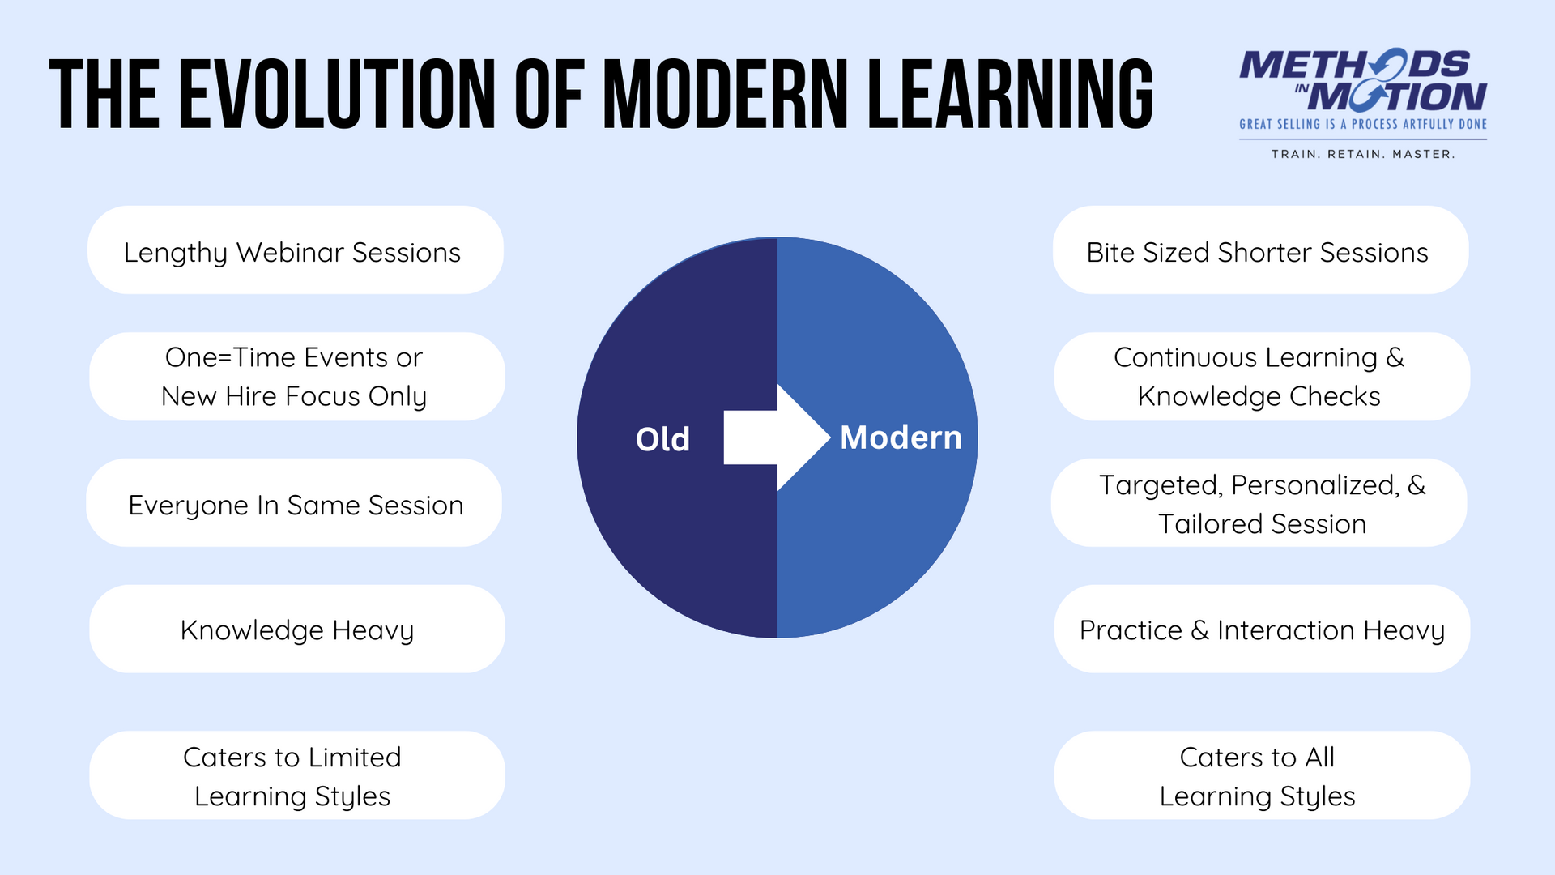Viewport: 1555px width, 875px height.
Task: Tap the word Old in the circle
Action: [662, 440]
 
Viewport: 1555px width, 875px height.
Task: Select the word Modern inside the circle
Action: [901, 437]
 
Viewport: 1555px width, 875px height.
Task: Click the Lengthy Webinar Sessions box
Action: [295, 250]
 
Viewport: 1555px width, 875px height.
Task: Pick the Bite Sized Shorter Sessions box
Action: [1260, 250]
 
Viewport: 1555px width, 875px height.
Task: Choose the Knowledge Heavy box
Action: [296, 630]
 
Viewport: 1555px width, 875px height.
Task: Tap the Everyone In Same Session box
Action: [295, 504]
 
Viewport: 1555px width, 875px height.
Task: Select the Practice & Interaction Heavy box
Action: [1262, 630]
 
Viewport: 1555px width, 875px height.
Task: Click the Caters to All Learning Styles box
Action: [1262, 775]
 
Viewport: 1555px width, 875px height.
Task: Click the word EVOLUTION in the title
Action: [337, 94]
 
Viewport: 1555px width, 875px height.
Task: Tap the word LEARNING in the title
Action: [1009, 94]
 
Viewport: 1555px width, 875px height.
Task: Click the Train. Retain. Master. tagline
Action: [1363, 154]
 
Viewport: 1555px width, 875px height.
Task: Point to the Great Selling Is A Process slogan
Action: [1363, 124]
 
